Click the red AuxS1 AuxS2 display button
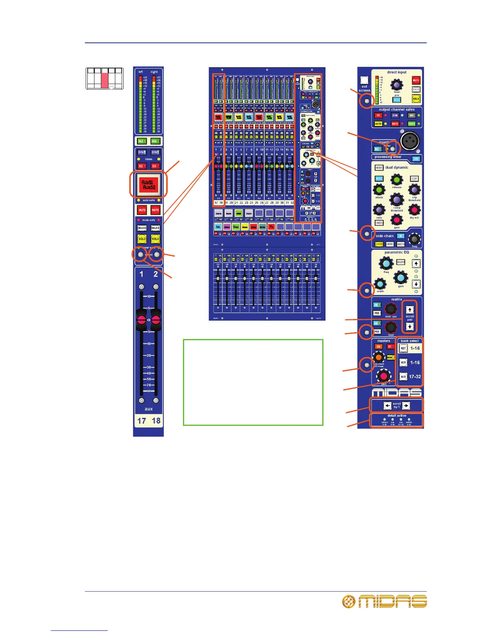[x=148, y=184]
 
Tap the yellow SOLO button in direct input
[x=416, y=98]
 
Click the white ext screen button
[x=364, y=80]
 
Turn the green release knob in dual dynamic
[x=396, y=179]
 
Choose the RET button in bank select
[x=403, y=348]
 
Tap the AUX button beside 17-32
[x=403, y=377]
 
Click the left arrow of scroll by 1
[x=387, y=406]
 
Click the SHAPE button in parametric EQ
[x=401, y=262]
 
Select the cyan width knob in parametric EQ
[x=380, y=284]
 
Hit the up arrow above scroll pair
[x=410, y=309]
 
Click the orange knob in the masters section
[x=379, y=357]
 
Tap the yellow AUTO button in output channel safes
[x=378, y=124]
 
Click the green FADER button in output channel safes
[x=412, y=124]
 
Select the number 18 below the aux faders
[x=156, y=421]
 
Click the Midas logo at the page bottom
[x=385, y=601]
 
